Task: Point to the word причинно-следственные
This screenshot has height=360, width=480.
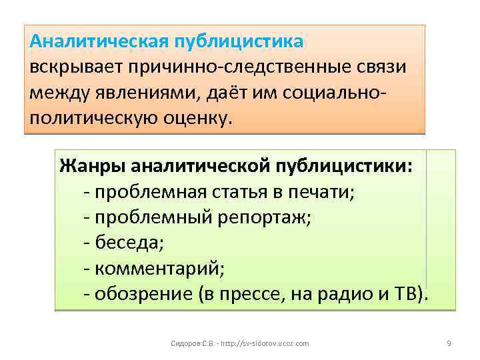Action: (236, 67)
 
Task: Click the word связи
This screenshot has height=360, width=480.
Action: (385, 67)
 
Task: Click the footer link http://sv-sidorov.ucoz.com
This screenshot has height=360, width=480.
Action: (263, 343)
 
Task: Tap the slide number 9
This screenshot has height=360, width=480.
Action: (449, 343)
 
